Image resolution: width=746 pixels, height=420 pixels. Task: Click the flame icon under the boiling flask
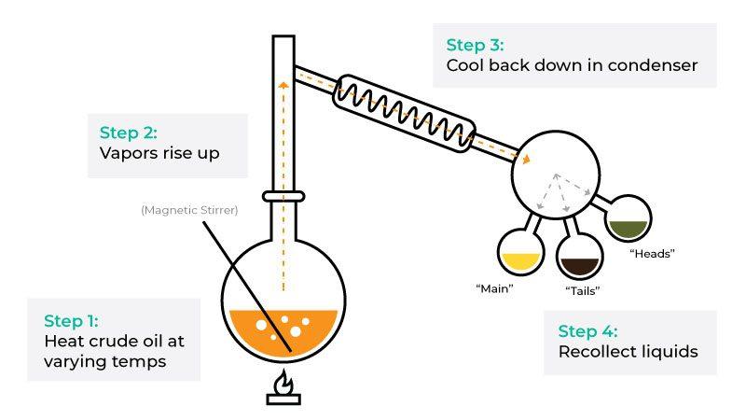coord(281,385)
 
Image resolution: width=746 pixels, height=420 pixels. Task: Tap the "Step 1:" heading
coord(72,319)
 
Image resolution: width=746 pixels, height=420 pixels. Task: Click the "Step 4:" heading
coord(587,331)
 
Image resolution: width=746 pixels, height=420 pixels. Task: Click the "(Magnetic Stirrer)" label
coord(189,210)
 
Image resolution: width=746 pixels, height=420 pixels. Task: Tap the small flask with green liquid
coord(628,222)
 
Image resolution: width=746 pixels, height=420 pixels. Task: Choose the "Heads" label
coord(651,253)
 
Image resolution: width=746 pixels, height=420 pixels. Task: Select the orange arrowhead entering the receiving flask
coord(527,160)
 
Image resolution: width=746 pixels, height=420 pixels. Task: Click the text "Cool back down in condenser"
coord(573,66)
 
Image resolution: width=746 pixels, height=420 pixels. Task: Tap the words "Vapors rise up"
coord(159,153)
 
